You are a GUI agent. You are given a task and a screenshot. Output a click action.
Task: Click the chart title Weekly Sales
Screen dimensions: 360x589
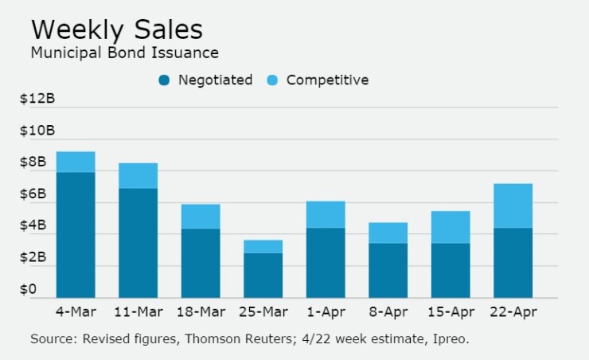click(116, 29)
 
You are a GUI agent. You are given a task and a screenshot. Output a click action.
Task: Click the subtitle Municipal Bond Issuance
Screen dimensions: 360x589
click(124, 53)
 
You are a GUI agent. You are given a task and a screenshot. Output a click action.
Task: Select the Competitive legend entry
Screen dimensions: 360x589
click(327, 80)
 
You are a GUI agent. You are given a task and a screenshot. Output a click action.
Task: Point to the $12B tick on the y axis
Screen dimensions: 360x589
click(37, 99)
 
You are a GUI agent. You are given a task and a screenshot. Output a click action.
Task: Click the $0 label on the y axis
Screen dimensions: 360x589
click(29, 290)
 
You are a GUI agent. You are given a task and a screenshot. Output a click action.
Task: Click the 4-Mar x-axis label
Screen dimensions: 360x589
click(76, 311)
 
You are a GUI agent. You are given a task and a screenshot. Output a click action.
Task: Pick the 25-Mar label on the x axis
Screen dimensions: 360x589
click(263, 311)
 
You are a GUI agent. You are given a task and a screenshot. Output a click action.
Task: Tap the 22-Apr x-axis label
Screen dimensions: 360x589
click(513, 311)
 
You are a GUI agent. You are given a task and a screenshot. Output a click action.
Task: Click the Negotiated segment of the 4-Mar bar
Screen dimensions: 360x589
click(76, 235)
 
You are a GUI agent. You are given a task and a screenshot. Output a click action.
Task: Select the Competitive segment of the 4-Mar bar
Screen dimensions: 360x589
click(76, 162)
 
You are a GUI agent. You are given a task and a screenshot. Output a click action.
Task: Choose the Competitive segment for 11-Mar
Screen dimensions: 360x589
click(138, 175)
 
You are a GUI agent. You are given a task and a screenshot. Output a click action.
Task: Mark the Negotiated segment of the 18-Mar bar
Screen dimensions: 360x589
click(201, 263)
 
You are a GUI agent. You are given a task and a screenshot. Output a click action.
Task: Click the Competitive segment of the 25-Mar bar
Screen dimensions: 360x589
click(263, 246)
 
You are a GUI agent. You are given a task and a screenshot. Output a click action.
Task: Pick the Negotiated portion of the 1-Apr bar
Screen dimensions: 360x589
click(326, 263)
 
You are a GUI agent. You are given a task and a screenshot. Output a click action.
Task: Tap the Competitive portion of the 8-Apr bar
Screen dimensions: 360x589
click(388, 233)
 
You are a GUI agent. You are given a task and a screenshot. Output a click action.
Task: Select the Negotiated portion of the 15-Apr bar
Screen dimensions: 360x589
click(451, 270)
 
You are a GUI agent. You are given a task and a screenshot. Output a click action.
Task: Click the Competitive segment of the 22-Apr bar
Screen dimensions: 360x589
click(513, 205)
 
